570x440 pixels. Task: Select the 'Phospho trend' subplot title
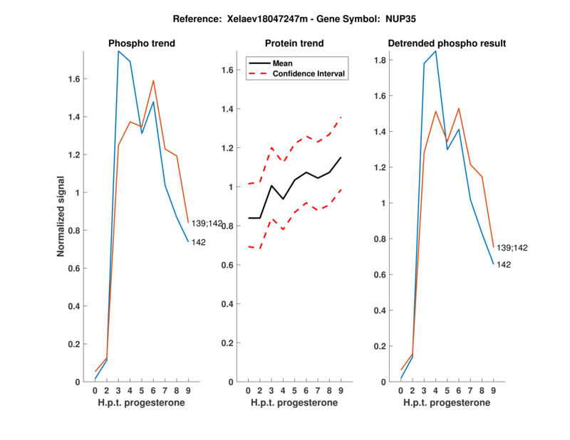pos(142,43)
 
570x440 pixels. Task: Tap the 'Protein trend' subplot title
pos(295,43)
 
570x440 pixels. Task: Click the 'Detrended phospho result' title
pos(447,43)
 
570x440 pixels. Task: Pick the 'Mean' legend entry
pos(283,63)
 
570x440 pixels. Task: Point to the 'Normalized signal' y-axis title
pos(61,216)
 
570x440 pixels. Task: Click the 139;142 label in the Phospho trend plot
pos(207,224)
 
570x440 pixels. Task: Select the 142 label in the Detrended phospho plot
pos(504,265)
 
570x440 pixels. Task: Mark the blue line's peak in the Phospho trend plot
pos(118,51)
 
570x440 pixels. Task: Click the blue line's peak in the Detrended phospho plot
pos(435,51)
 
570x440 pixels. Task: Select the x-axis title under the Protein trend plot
pos(294,403)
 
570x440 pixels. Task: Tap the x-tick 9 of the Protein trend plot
pos(341,390)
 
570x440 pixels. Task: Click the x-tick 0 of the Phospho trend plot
pos(95,390)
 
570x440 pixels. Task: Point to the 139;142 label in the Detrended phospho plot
pos(513,248)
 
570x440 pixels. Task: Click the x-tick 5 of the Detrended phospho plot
pos(447,390)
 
